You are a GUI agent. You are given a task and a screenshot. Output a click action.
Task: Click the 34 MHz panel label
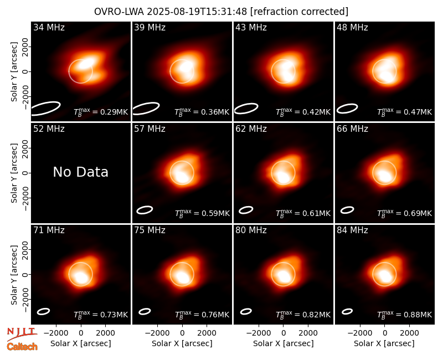click(49, 27)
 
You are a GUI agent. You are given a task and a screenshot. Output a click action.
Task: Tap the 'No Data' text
click(80, 172)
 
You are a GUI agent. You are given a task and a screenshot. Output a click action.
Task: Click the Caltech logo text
click(22, 347)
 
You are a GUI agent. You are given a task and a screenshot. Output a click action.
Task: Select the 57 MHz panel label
click(150, 129)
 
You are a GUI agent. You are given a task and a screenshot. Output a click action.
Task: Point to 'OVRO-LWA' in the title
click(119, 12)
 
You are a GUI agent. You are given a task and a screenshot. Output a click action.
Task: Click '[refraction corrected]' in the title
click(299, 12)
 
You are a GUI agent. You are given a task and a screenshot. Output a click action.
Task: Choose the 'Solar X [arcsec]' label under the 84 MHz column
click(384, 343)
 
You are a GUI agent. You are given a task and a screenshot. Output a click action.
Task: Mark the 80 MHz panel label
click(251, 230)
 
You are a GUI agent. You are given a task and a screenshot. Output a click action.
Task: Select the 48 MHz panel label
click(352, 27)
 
